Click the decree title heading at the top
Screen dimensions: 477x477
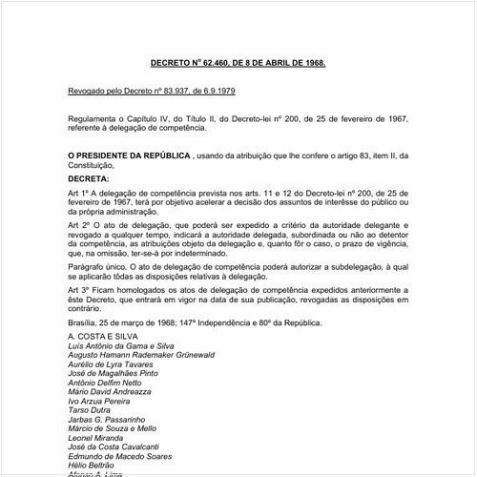238,62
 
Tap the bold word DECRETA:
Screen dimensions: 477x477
89,177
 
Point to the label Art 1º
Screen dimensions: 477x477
78,193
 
